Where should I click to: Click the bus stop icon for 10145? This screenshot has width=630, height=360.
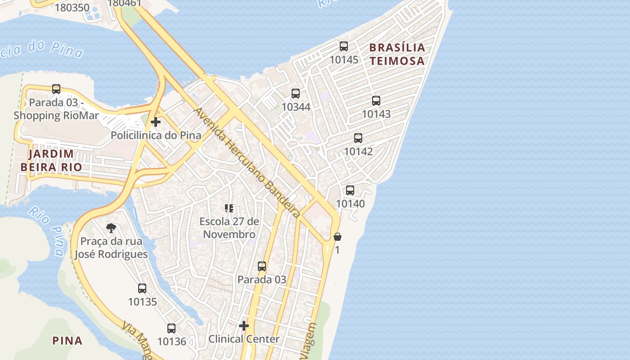[x=344, y=46]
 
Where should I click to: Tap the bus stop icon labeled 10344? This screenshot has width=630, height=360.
[x=296, y=94]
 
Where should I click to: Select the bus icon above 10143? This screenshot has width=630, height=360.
[x=376, y=101]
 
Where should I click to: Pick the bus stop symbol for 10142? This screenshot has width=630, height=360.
[x=358, y=138]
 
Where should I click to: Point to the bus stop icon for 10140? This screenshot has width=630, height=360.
[x=350, y=190]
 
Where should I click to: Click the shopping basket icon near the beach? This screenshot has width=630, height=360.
[x=337, y=237]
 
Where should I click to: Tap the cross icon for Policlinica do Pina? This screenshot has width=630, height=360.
[x=156, y=122]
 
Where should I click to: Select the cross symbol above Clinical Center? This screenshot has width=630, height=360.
[x=244, y=325]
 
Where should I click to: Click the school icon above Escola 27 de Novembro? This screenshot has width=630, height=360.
[x=229, y=208]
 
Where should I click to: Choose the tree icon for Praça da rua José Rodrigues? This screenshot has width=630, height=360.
[x=111, y=228]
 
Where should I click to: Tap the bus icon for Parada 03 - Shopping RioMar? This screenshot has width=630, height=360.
[x=56, y=89]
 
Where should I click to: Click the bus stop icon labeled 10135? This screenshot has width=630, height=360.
[x=142, y=288]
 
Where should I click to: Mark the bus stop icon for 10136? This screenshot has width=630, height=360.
[x=171, y=328]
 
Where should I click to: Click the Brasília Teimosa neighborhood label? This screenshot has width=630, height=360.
[x=397, y=54]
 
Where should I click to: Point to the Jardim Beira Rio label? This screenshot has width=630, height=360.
[x=51, y=160]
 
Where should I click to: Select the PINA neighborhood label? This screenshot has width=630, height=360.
[x=67, y=341]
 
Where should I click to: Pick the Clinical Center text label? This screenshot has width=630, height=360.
[x=244, y=339]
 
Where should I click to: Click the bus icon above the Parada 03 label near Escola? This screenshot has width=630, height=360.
[x=262, y=266]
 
